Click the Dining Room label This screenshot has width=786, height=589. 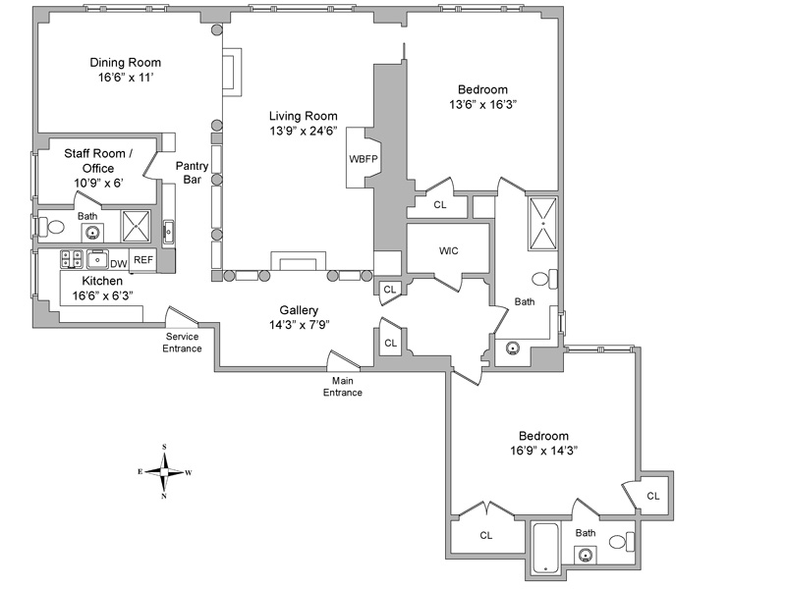(x=125, y=63)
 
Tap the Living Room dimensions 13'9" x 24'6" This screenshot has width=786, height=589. (x=304, y=130)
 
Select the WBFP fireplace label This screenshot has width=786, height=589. (x=364, y=158)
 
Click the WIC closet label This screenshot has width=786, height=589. (x=448, y=250)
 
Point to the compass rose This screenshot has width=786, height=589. (x=164, y=472)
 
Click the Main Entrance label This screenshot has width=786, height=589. (x=343, y=386)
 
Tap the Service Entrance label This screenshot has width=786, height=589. (x=183, y=343)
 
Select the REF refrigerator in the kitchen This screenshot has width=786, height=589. (x=143, y=260)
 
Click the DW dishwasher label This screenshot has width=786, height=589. (x=118, y=263)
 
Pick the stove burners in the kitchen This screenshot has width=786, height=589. (x=72, y=259)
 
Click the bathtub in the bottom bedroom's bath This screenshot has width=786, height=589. (x=544, y=549)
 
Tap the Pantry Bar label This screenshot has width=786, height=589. (x=192, y=173)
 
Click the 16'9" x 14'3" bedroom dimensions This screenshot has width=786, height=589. (x=543, y=451)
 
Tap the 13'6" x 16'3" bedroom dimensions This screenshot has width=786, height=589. (x=482, y=104)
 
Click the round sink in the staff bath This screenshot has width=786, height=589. (x=92, y=233)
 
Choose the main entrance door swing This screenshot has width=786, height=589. (x=344, y=362)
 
